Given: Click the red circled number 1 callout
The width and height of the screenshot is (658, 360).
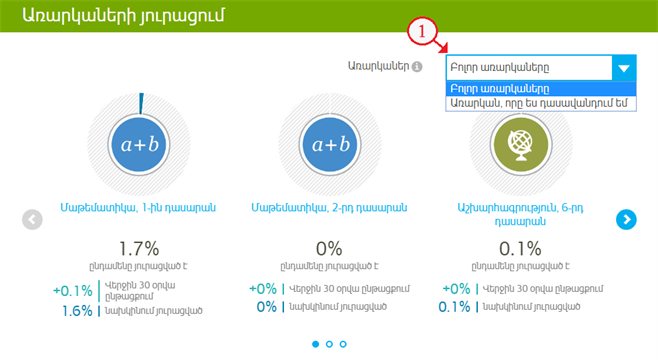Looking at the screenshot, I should click(423, 34).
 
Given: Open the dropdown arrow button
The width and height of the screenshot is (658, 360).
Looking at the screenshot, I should click(624, 68).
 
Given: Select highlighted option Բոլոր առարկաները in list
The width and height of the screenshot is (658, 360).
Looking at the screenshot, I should click(500, 88).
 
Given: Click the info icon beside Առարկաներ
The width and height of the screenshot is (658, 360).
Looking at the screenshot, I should click(417, 68).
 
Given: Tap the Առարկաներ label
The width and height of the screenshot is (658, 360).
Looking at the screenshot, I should click(379, 68).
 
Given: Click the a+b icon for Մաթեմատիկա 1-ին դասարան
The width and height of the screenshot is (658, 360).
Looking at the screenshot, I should click(140, 146).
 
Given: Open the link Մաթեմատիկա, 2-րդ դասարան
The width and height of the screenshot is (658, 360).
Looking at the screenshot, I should click(330, 208).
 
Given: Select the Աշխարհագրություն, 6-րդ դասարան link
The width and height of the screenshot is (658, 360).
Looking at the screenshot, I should click(519, 216).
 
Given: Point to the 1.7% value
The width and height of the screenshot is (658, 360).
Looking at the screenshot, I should click(139, 249).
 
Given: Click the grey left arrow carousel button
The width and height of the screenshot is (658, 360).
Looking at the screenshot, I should click(32, 219).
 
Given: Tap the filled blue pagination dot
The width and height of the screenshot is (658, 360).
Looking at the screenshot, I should click(316, 344).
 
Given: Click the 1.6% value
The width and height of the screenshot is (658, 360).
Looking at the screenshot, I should click(76, 310).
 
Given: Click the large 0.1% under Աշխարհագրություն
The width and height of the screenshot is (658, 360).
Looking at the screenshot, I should click(519, 249).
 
